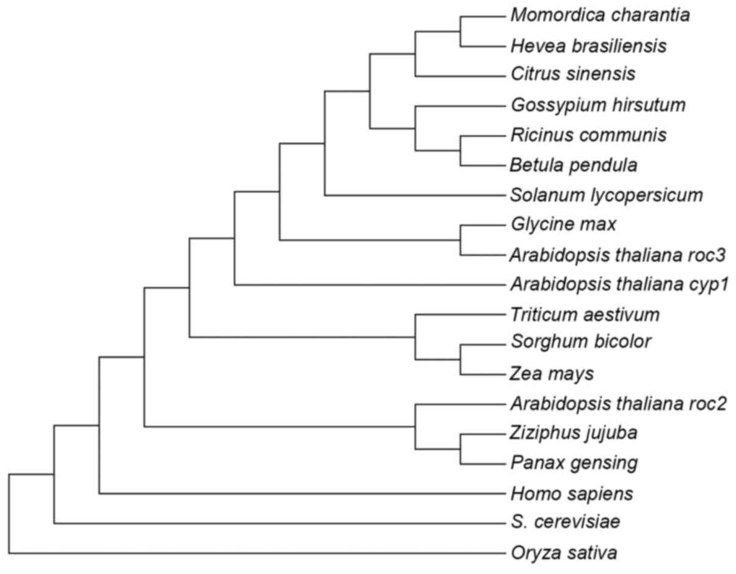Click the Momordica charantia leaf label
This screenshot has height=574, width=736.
pyautogui.click(x=600, y=15)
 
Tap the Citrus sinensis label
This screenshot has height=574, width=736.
pyautogui.click(x=573, y=74)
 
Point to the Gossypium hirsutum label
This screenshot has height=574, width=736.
pyautogui.click(x=598, y=105)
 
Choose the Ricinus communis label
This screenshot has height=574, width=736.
pyautogui.click(x=588, y=134)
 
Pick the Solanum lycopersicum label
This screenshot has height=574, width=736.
pyautogui.click(x=607, y=195)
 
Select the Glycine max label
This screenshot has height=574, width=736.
pyautogui.click(x=563, y=224)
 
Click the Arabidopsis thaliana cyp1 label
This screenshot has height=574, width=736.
pyautogui.click(x=619, y=284)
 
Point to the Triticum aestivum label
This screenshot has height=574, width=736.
pyautogui.click(x=585, y=314)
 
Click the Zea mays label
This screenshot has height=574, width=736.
pyautogui.click(x=552, y=373)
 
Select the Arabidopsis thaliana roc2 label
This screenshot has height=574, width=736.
pyautogui.click(x=618, y=404)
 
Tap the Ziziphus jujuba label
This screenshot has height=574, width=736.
pyautogui.click(x=574, y=433)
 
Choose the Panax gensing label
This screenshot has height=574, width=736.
pyautogui.click(x=574, y=463)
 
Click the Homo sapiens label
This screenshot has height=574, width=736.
pyautogui.click(x=571, y=493)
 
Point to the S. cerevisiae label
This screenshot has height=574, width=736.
pyautogui.click(x=565, y=523)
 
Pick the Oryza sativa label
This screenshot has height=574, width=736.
pyautogui.click(x=563, y=553)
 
